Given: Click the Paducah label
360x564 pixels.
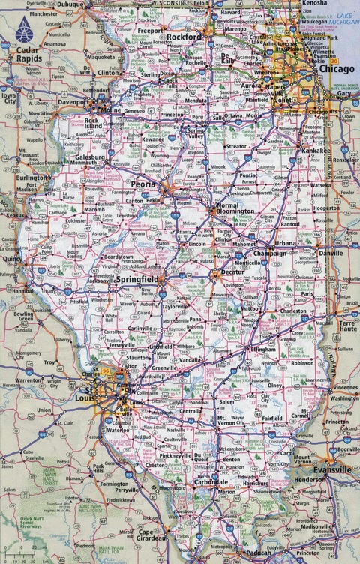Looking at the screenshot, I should click(x=256, y=553).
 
